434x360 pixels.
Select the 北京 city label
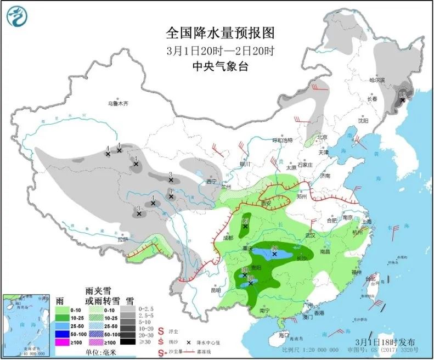pos(321,137)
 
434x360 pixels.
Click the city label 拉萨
pos(122,239)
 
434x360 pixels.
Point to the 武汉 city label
pos(311,234)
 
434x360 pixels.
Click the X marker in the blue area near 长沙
pos(274,254)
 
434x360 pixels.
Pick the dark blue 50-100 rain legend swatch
pos(65,334)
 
